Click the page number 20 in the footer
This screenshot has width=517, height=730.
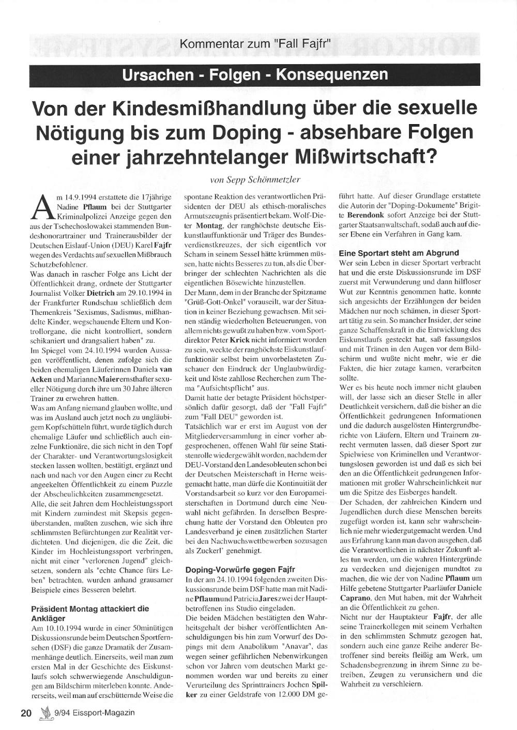coord(26,712)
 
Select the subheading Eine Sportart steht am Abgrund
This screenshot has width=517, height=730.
coord(399,253)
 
